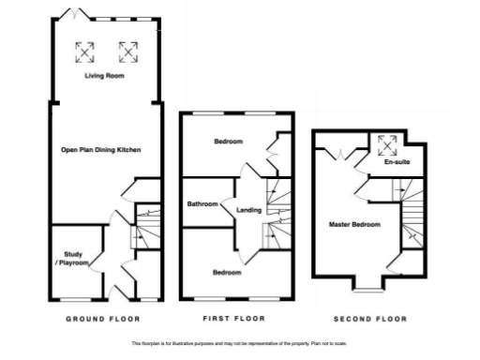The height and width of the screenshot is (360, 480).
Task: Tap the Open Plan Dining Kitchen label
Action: click(100, 150)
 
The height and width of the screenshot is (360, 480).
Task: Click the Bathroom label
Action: click(202, 204)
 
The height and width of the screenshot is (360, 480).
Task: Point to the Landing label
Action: click(248, 209)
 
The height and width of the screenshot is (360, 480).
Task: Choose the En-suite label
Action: click(397, 162)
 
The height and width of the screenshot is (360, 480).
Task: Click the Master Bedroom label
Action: click(354, 225)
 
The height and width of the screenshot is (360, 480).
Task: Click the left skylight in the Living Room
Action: click(84, 50)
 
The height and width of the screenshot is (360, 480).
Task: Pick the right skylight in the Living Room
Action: click(127, 50)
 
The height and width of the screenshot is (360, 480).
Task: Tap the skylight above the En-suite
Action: click(386, 143)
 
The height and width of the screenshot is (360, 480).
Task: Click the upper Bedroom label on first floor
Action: click(228, 142)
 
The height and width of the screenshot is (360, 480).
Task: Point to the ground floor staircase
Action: click(144, 226)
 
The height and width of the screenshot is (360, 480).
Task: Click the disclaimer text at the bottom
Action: click(240, 345)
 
